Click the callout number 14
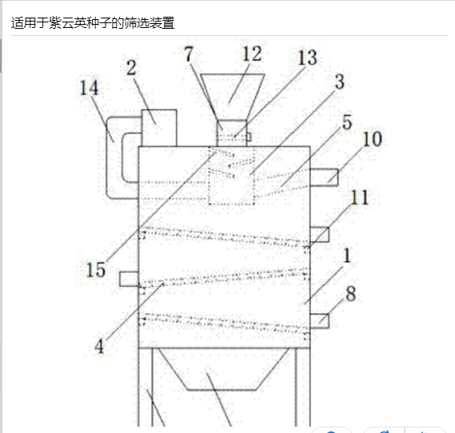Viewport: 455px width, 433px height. (89, 88)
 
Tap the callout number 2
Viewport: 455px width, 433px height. (131, 68)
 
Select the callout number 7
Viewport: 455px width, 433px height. (189, 54)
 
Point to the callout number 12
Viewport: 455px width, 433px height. (252, 54)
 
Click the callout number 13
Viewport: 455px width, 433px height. (308, 58)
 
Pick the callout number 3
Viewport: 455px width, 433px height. (340, 81)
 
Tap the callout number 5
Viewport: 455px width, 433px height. (347, 122)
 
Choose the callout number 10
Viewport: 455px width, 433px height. (373, 139)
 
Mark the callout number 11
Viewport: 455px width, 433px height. (360, 197)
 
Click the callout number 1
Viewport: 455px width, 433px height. (347, 256)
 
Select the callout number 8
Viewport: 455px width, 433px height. (351, 293)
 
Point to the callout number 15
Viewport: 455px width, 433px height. (96, 269)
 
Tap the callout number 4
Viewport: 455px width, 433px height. (99, 346)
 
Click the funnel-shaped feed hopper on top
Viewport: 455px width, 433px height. (232, 97)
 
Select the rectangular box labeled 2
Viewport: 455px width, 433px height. (159, 128)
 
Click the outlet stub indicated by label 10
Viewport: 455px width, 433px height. (324, 177)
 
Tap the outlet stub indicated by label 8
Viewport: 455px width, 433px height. (320, 321)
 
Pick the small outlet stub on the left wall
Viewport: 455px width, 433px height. (129, 279)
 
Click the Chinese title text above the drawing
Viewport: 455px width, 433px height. (93, 23)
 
